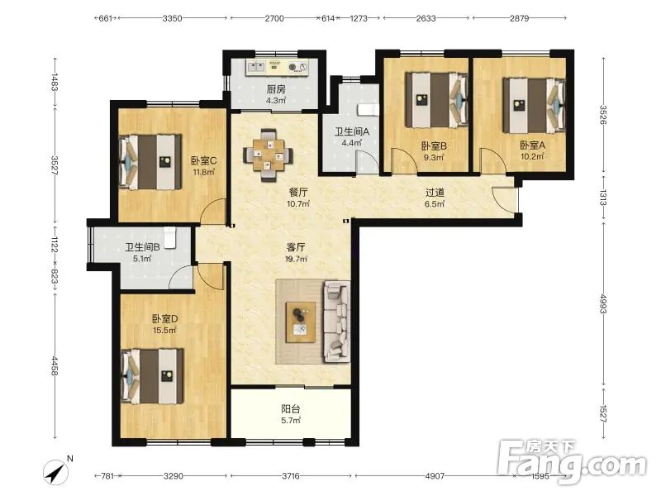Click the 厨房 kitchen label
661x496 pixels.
point(276,89)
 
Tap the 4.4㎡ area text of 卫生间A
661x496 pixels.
point(352,142)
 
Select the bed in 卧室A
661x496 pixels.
point(534,106)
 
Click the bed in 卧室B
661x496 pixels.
point(437,100)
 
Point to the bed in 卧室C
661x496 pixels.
point(150,162)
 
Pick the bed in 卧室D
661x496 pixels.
point(152,376)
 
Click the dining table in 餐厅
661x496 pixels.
point(268,155)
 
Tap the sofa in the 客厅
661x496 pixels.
point(336,322)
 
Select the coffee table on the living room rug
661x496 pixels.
point(301,322)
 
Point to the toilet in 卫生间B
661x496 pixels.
point(169,237)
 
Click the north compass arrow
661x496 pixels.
point(55,472)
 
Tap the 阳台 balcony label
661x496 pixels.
point(291,408)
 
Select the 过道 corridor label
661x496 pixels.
point(435,193)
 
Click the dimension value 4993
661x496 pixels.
point(603,303)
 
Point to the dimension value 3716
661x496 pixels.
point(291,476)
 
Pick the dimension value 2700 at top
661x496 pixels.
point(274,18)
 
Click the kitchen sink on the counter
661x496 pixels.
point(255,67)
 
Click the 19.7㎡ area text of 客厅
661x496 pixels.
point(297,259)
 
